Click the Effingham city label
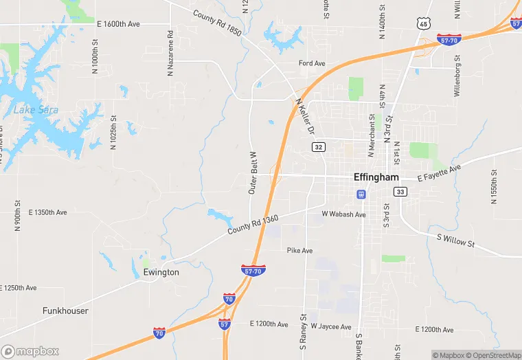pos(376,177)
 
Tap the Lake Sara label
pos(36,110)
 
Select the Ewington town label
pos(161,272)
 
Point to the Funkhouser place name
pos(65,311)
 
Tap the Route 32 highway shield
pos(318,147)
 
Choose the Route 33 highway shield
pos(401,192)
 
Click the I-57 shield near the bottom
pos(225,323)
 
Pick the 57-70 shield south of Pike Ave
pos(254,270)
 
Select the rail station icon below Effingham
pos(361,194)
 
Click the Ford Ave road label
pos(312,64)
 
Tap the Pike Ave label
pos(299,251)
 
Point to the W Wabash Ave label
pos(343,214)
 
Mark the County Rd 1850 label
pos(217,24)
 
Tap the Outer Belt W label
pos(252,172)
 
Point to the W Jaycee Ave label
pos(331,326)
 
